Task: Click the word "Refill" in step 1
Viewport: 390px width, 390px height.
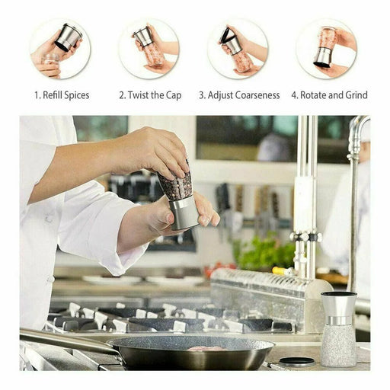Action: (53, 95)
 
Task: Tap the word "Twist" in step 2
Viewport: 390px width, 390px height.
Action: (139, 95)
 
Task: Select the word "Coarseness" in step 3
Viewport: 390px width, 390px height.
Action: (257, 95)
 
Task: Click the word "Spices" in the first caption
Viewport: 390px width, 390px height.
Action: (77, 95)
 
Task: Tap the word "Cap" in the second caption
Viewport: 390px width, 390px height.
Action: (174, 96)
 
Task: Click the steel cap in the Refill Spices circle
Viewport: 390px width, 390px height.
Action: (69, 37)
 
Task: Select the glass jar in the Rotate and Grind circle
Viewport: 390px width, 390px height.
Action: (328, 37)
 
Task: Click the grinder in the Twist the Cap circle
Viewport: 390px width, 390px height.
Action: (149, 46)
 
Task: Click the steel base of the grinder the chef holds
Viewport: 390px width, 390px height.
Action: (184, 213)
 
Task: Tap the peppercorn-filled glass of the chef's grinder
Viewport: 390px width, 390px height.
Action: (176, 184)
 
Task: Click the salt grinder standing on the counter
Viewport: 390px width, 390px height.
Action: (338, 329)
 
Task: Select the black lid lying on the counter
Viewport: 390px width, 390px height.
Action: (296, 362)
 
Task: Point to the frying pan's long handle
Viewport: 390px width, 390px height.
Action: (69, 341)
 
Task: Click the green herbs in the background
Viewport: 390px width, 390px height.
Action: (264, 251)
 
